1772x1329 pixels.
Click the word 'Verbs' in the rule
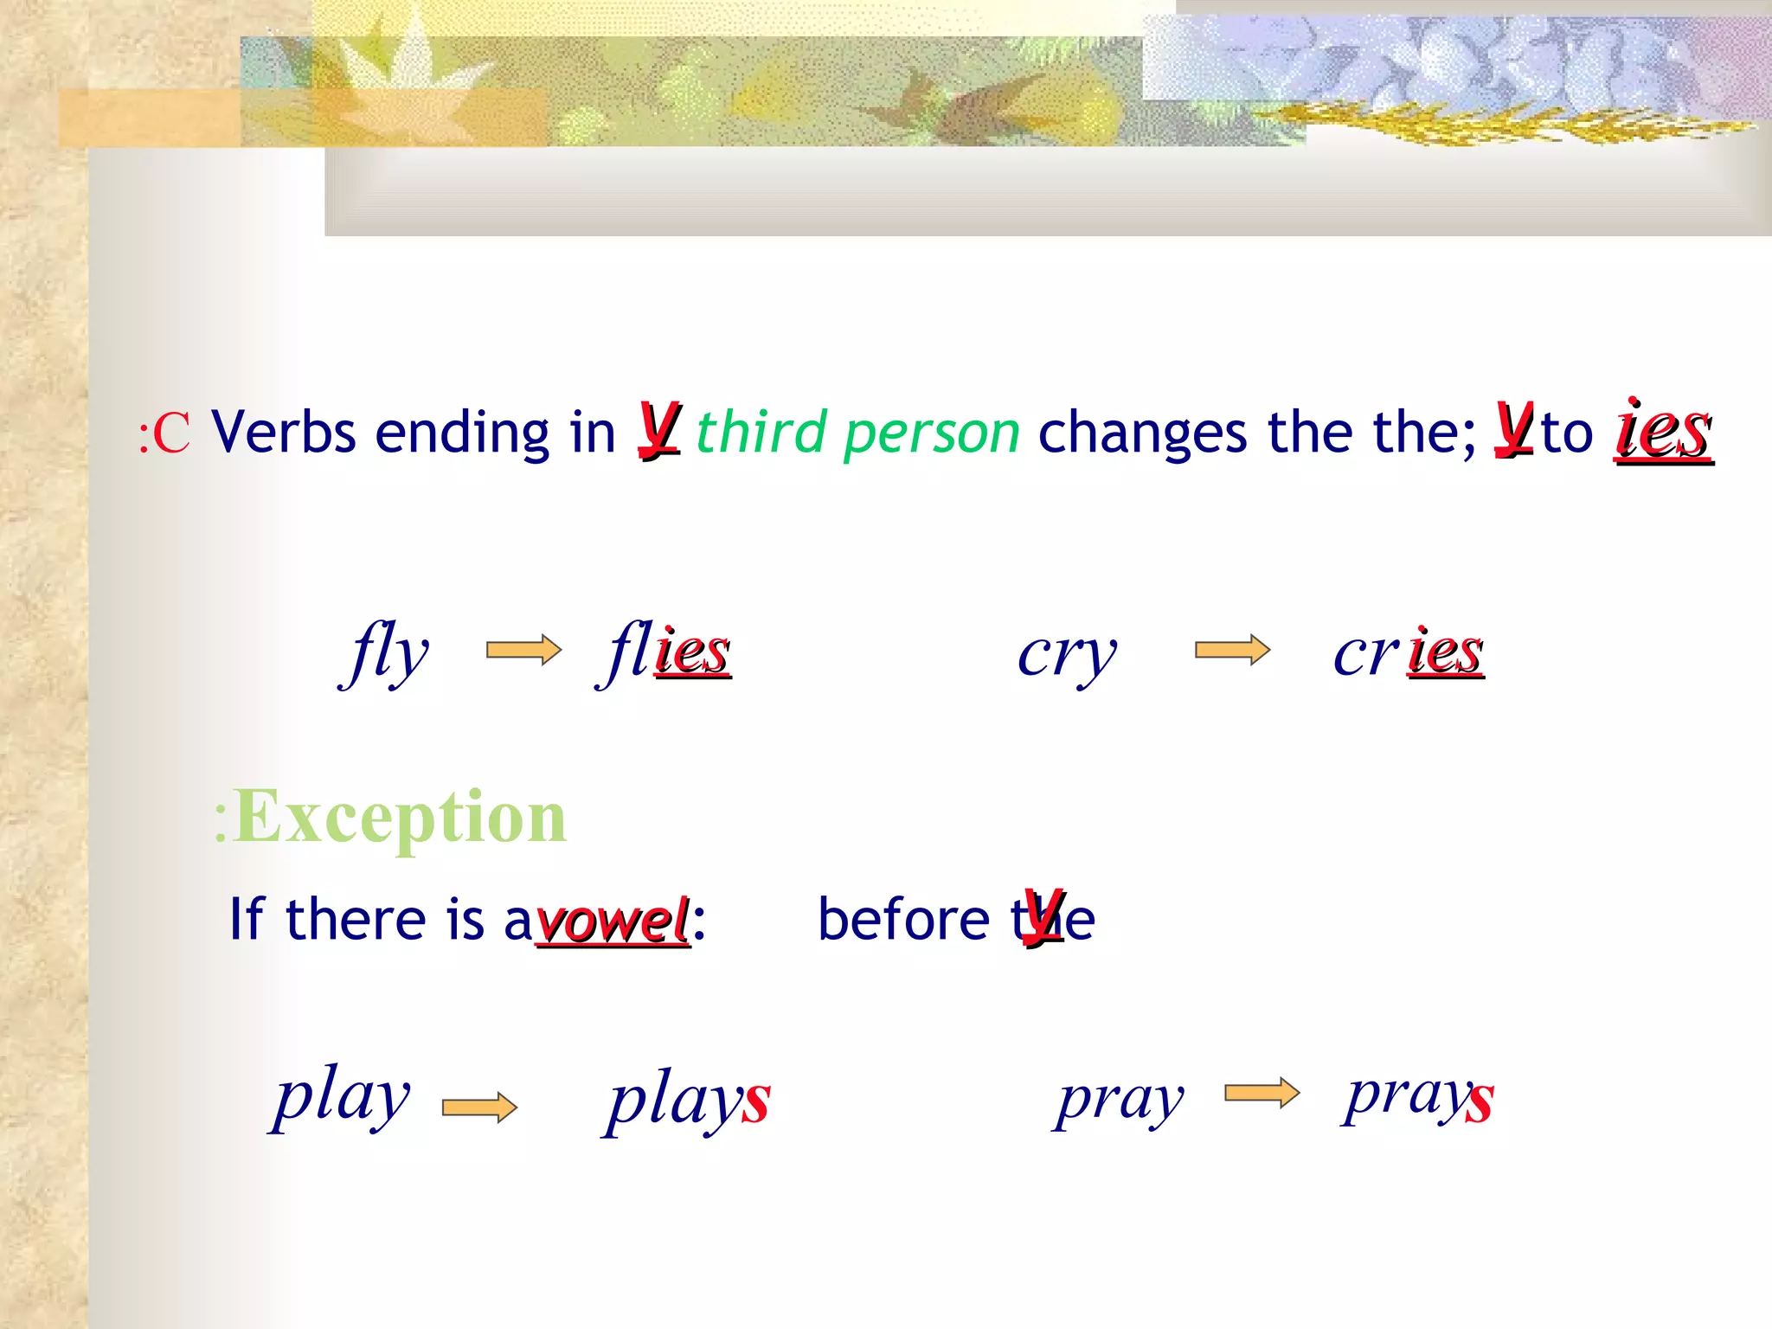(x=284, y=432)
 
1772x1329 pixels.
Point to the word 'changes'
(x=1143, y=433)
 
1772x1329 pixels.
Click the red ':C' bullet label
(x=164, y=433)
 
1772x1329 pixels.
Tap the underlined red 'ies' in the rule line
(x=1663, y=431)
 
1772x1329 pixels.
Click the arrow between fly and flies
(x=523, y=650)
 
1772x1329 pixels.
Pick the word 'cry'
(x=1067, y=656)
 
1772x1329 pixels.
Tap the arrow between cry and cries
(x=1232, y=650)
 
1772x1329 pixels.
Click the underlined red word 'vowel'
(x=613, y=921)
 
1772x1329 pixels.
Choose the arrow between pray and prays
(x=1262, y=1094)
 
